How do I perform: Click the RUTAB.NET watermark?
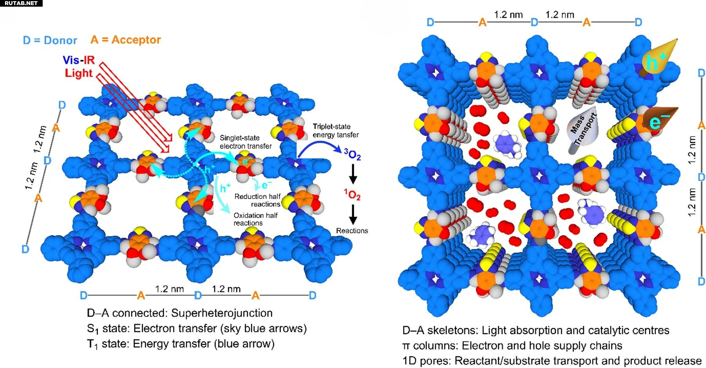tap(21, 3)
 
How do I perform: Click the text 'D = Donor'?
tap(50, 40)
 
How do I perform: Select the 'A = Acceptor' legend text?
tap(126, 40)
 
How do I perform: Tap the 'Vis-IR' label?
tap(79, 60)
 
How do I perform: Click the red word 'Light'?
tap(79, 73)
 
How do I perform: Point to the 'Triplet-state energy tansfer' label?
tap(335, 130)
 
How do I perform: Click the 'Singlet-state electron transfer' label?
tap(245, 142)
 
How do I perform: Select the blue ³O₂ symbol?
tap(352, 154)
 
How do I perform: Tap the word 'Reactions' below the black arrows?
tap(352, 231)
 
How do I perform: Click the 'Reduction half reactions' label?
tap(257, 200)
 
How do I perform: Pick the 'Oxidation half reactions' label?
tap(256, 219)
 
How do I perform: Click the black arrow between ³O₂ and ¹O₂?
tap(353, 174)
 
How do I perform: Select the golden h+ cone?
tap(659, 58)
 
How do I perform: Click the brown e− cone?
tap(659, 120)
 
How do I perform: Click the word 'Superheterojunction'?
tap(222, 313)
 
